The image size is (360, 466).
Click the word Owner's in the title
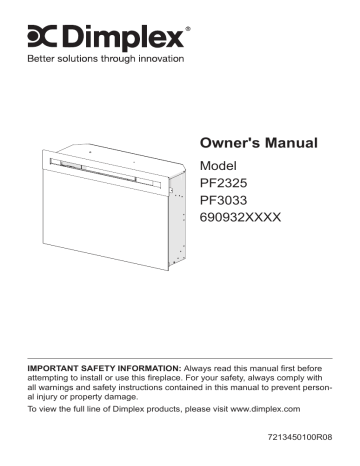(231, 142)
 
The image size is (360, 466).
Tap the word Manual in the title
(292, 142)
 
